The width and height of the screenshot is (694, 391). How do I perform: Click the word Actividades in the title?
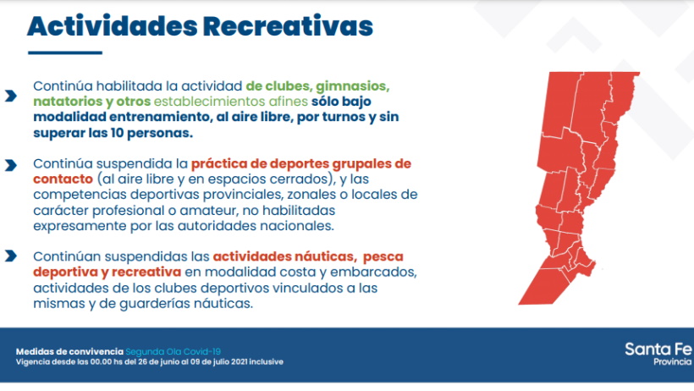tap(112, 26)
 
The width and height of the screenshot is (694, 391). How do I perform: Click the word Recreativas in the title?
tap(288, 26)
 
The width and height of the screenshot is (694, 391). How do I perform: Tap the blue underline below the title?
tap(65, 52)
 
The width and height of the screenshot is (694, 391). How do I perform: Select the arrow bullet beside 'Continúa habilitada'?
tap(11, 96)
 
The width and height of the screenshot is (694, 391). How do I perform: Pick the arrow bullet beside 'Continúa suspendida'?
tap(11, 165)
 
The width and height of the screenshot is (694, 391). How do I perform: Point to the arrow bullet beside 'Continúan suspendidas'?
tap(11, 256)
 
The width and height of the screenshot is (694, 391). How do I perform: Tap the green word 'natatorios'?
tap(68, 102)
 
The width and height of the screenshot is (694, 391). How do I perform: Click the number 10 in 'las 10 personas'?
tap(117, 133)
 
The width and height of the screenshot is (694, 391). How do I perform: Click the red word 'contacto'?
tap(63, 179)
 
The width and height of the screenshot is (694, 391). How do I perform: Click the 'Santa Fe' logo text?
tap(658, 350)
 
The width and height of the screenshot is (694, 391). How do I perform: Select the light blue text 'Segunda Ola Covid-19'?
tap(173, 351)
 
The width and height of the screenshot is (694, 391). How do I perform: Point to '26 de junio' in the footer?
tap(157, 361)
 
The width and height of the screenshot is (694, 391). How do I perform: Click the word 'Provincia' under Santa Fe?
tap(672, 361)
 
